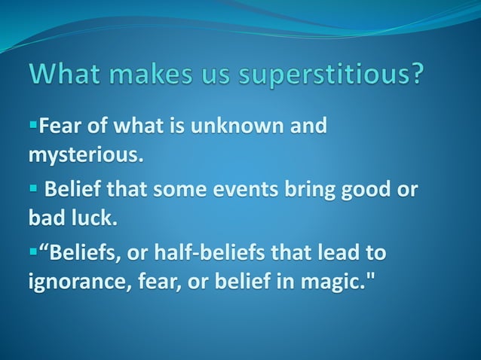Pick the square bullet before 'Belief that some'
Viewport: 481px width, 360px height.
click(33, 189)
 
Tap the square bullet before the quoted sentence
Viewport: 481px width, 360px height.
click(33, 252)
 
